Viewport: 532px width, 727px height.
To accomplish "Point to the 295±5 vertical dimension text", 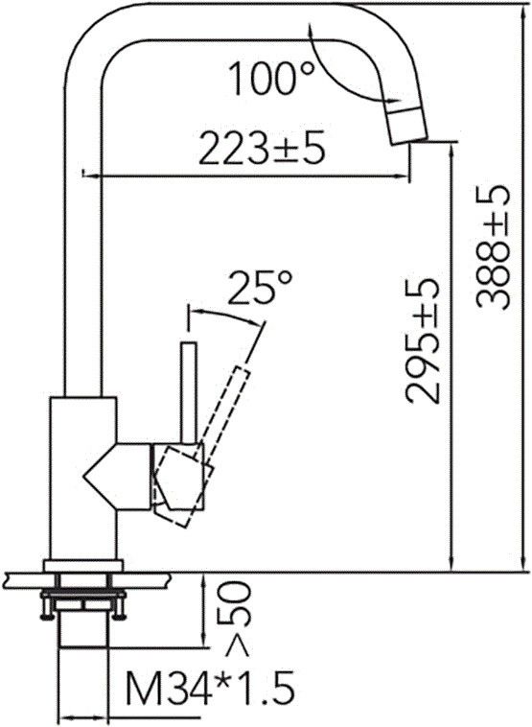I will click(421, 340).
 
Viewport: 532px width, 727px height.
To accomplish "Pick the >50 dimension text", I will click(231, 613).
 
